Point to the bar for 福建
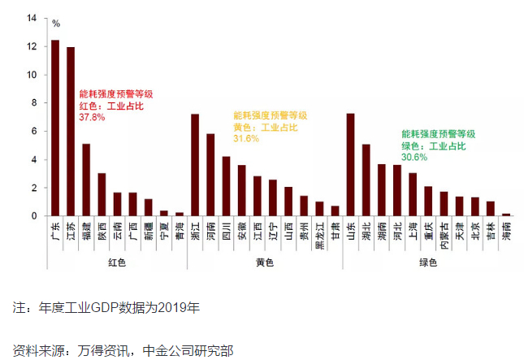86,180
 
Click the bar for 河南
210,175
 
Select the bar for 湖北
366,180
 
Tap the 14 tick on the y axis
32,18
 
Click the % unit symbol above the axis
56,24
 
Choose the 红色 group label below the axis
116,262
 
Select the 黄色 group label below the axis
264,262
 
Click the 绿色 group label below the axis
427,262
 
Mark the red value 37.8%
92,117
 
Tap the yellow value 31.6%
246,139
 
